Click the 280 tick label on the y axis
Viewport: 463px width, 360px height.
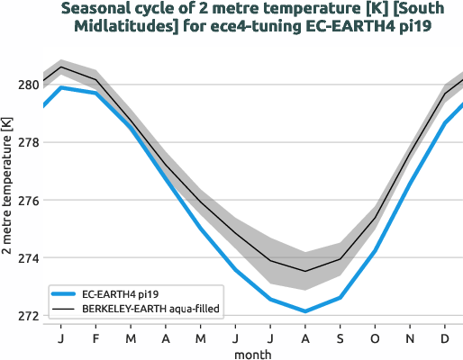click(x=27, y=85)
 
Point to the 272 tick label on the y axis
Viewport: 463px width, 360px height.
click(x=27, y=317)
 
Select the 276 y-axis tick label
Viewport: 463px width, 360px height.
click(x=27, y=201)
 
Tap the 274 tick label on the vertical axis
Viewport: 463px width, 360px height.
click(x=27, y=259)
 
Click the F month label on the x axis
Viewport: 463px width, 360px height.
click(x=95, y=338)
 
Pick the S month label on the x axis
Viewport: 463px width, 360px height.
click(x=340, y=338)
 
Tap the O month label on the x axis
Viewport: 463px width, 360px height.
click(x=375, y=338)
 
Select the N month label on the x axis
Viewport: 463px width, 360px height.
click(x=410, y=338)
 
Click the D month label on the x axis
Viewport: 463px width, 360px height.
click(x=445, y=338)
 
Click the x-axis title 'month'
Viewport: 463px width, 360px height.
click(x=252, y=354)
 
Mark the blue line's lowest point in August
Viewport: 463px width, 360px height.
click(x=305, y=311)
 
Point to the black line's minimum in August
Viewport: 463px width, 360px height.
click(x=305, y=271)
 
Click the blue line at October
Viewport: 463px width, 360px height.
click(x=375, y=251)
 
